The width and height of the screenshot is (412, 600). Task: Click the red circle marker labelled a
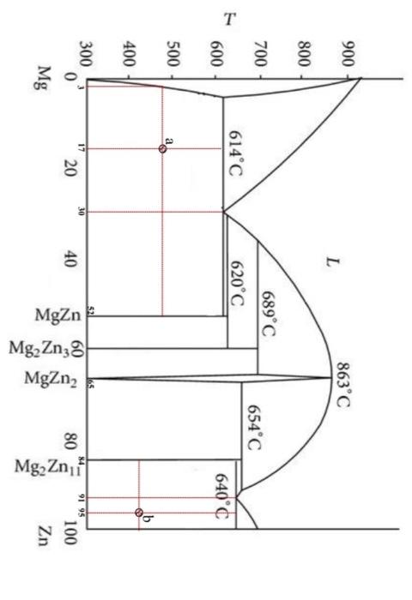[163, 148]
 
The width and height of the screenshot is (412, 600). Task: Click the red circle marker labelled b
[139, 513]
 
